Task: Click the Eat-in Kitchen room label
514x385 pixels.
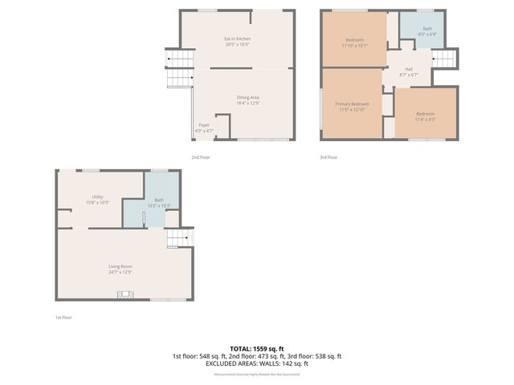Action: [x=236, y=41]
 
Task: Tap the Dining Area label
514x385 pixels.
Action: [x=247, y=99]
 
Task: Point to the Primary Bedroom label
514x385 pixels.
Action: [x=352, y=107]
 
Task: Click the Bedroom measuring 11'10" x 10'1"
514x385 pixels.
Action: [x=355, y=43]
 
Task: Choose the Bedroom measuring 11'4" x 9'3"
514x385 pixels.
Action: [x=426, y=115]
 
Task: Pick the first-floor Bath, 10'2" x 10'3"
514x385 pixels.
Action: [x=159, y=202]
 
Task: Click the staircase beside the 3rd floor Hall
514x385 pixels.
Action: [x=443, y=59]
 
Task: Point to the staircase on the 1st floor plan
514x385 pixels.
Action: [x=179, y=237]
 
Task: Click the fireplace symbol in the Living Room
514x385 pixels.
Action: [x=124, y=296]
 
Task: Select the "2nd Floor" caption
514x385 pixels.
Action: [x=201, y=157]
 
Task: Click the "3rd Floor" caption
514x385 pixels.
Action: [x=328, y=157]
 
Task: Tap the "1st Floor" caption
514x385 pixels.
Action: [x=63, y=318]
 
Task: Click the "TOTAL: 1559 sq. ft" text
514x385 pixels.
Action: [x=256, y=349]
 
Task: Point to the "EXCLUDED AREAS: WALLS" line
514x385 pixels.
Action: [x=256, y=363]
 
